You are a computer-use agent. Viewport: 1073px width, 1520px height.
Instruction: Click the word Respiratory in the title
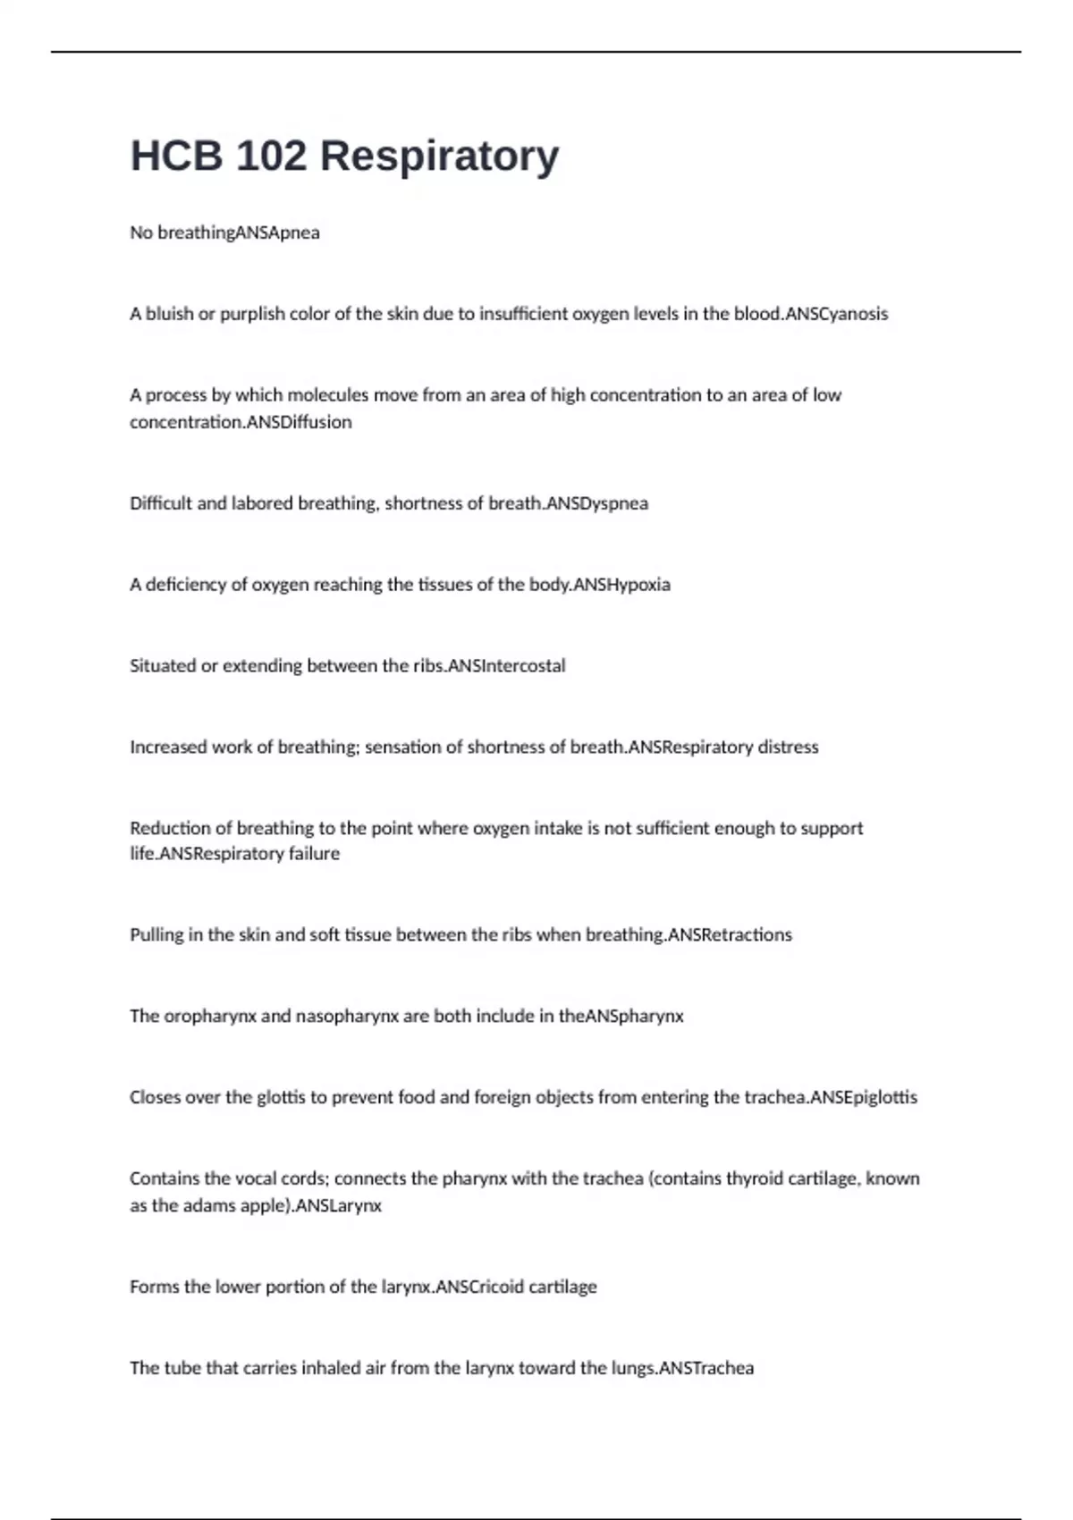point(439,156)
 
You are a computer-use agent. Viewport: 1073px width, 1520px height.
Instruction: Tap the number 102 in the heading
point(272,156)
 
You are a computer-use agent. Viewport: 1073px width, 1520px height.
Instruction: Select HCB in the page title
point(176,156)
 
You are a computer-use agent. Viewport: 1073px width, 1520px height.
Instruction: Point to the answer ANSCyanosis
point(837,314)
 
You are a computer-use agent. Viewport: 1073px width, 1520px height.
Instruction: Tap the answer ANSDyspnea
point(597,503)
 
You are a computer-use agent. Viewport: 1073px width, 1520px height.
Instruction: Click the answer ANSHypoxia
point(621,585)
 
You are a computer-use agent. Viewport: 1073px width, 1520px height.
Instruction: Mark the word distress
point(788,747)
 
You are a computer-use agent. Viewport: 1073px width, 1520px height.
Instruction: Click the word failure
point(314,854)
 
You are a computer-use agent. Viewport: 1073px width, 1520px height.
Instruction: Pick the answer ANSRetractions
point(731,935)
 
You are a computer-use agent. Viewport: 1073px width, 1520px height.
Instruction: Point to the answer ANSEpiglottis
point(864,1098)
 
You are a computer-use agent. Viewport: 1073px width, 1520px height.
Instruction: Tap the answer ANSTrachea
point(706,1369)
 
